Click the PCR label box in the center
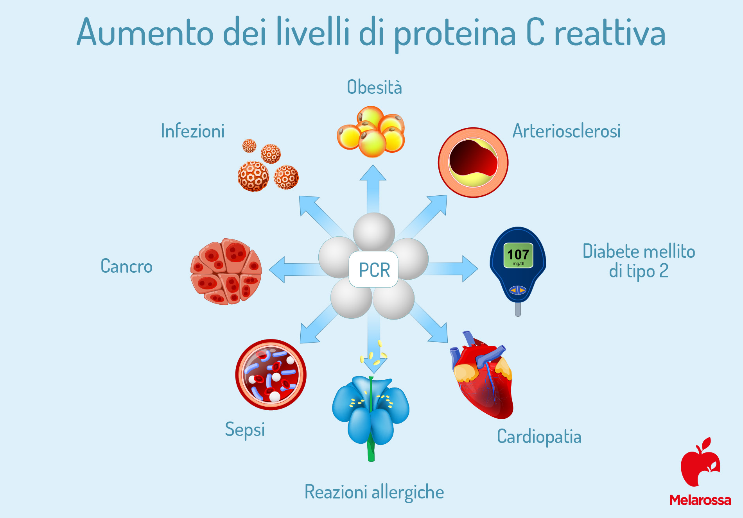[373, 269]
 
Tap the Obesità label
[374, 87]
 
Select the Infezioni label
[193, 131]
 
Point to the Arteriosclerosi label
[567, 131]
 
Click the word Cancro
[126, 266]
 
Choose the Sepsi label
[245, 430]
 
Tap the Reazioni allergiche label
[374, 492]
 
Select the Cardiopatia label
[539, 437]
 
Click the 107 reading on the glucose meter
[518, 255]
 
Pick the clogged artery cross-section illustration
[473, 163]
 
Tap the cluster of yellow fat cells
[371, 132]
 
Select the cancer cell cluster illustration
[226, 272]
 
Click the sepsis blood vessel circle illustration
[271, 375]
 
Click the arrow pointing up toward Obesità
[373, 189]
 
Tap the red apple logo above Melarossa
[700, 462]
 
